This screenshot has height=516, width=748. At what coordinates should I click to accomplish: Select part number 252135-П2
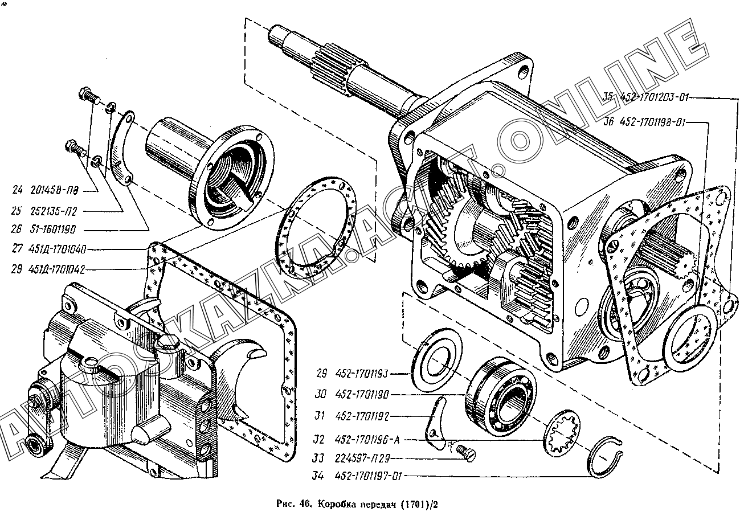56,211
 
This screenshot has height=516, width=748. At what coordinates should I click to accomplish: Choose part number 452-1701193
361,374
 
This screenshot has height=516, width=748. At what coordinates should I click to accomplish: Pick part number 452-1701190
361,394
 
